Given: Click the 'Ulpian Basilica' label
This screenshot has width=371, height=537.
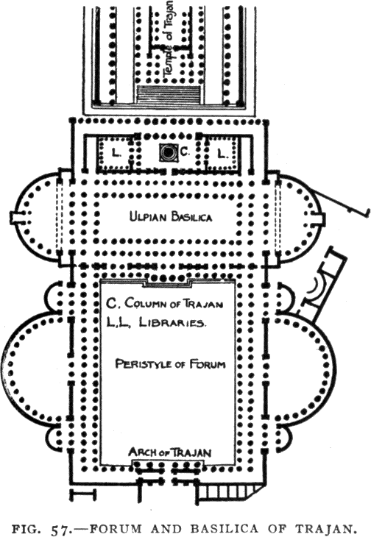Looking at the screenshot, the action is click(171, 217).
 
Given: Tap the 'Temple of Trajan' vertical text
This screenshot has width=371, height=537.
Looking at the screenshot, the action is click(169, 38).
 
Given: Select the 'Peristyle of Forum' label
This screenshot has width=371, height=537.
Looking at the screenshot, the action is click(170, 363).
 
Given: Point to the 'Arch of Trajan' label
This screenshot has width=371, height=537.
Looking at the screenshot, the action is click(170, 452).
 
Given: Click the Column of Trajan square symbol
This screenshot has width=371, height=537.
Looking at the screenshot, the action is click(169, 152).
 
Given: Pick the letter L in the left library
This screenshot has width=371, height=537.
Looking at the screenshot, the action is click(116, 153).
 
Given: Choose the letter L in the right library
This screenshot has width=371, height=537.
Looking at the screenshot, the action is click(222, 154).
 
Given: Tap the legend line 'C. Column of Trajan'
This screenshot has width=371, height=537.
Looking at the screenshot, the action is click(164, 303).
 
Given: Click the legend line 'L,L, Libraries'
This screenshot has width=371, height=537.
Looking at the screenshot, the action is click(156, 323).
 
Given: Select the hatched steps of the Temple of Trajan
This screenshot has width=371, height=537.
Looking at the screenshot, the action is click(168, 94).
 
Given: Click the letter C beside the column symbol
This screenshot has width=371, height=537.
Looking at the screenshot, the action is click(184, 153).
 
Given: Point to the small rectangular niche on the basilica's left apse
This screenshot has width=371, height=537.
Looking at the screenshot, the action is click(15, 218).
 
